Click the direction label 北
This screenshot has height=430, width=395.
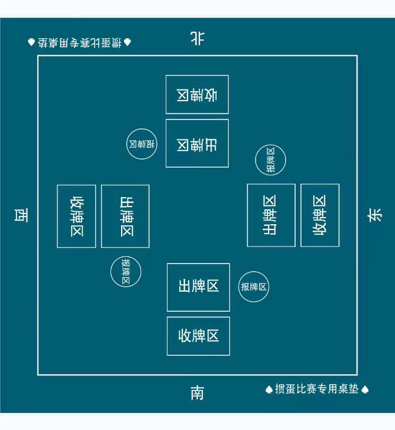[197, 39]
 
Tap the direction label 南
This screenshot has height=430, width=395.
[197, 392]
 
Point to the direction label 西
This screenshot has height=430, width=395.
[21, 215]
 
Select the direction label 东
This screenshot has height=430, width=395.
[374, 215]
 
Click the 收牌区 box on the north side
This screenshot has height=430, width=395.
[197, 95]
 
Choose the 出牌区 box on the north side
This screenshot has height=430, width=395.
[197, 144]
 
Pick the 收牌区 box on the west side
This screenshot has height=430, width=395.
[76, 216]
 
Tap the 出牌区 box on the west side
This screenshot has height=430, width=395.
[125, 216]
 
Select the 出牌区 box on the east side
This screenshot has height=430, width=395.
[271, 215]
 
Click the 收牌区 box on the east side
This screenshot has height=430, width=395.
[320, 215]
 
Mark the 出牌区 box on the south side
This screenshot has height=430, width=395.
[198, 287]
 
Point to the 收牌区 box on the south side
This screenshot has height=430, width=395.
[198, 336]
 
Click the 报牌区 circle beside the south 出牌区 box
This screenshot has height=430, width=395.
[253, 287]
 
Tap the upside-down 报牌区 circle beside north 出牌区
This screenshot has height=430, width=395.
[142, 144]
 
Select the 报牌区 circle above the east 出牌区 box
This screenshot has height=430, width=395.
[270, 159]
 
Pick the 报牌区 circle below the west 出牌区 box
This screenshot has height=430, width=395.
[126, 272]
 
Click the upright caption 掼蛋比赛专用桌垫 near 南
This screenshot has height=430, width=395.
[317, 389]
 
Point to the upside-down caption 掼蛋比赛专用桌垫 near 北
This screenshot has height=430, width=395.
[79, 42]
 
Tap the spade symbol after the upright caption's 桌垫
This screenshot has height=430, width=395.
[364, 389]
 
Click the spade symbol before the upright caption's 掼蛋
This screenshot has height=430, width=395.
[269, 389]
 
